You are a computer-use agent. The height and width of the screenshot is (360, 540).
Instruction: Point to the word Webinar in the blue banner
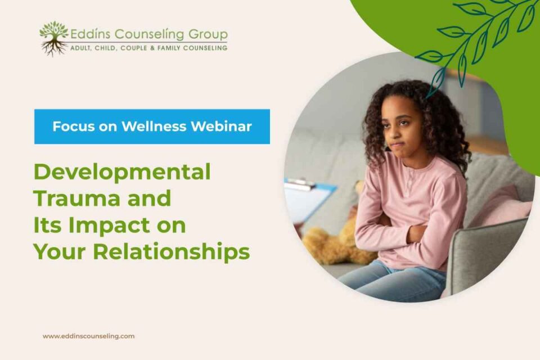[222, 127]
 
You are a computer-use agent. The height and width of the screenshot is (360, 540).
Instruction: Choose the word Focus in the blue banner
[74, 127]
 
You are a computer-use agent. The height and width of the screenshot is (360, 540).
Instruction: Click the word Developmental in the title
[122, 172]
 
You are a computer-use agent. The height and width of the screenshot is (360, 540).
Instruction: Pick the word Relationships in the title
[172, 252]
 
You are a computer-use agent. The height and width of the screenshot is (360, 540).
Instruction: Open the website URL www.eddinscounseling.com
[89, 336]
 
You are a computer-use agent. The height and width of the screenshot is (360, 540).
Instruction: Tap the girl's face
[401, 129]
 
